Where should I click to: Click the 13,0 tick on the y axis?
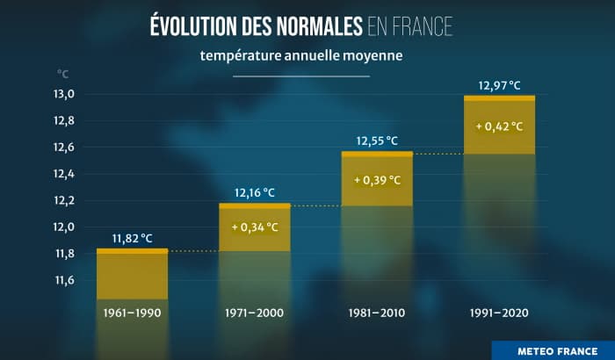coord(66,94)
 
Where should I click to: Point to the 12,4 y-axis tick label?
coord(66,174)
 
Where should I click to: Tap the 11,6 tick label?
coord(66,280)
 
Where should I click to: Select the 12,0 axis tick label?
coord(66,227)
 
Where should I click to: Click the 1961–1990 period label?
coord(132,313)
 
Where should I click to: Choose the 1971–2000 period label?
coord(254,313)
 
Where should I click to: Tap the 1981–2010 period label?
coord(377,313)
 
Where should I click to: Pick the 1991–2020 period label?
coord(499,313)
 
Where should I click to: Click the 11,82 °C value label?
coord(132,238)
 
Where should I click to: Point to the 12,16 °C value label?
coord(254,192)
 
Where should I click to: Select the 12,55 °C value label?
coord(377,140)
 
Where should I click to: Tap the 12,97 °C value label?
coord(499,85)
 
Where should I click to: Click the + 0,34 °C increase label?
coord(255,227)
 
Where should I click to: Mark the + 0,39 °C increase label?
coord(377,180)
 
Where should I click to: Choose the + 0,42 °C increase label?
coord(499,126)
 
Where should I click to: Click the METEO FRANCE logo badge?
coord(553,349)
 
